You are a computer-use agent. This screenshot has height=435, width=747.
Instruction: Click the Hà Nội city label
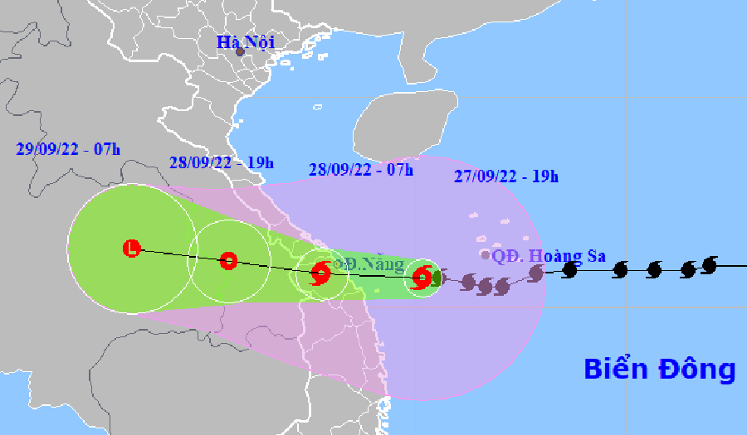click(246, 41)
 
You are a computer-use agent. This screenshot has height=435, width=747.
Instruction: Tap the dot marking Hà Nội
click(240, 52)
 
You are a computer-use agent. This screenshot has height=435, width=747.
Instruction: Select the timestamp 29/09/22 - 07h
click(67, 149)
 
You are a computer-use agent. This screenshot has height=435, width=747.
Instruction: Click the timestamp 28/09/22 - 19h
click(221, 162)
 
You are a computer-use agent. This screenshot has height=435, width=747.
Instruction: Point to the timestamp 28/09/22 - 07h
click(361, 170)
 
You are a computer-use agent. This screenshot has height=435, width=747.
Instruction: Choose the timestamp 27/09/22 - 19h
click(506, 176)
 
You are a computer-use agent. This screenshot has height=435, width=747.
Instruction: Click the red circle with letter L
click(131, 248)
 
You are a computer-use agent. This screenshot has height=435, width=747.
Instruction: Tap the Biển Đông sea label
click(660, 369)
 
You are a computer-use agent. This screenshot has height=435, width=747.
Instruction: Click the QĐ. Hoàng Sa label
click(549, 256)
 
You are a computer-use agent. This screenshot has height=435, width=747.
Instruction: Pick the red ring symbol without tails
click(228, 261)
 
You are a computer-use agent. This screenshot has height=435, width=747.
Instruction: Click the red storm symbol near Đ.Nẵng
click(320, 273)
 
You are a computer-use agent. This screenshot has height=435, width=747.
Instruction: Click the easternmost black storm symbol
click(709, 264)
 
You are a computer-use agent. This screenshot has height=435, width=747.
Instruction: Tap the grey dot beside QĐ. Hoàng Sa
click(486, 255)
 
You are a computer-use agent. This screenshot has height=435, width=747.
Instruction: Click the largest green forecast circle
click(131, 249)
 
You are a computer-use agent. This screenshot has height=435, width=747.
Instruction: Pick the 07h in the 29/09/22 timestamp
click(105, 149)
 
